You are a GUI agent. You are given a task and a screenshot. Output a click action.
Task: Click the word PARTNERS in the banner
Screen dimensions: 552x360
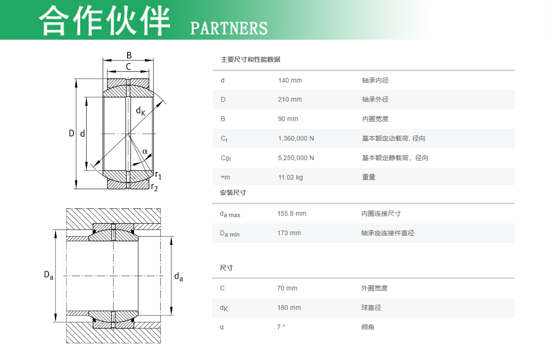[x=229, y=28]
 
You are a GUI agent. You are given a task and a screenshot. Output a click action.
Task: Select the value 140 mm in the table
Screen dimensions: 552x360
[x=290, y=81]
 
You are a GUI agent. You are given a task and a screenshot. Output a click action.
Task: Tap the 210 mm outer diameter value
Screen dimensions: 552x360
[x=290, y=99]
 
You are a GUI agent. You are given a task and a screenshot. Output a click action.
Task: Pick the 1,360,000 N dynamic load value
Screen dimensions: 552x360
[x=296, y=139]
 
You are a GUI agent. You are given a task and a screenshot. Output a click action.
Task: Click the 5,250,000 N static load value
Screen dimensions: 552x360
[x=296, y=158]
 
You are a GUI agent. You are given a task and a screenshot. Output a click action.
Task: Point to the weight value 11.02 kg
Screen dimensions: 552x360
[x=290, y=177]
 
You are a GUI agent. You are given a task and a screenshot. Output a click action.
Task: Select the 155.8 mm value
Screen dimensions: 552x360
[x=292, y=214]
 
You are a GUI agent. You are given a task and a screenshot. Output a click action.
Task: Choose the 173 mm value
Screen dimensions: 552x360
[x=289, y=233]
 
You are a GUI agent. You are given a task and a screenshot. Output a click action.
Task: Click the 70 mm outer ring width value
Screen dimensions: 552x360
[x=287, y=288]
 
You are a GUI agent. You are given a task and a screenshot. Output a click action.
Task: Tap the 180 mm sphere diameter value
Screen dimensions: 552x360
[x=289, y=307]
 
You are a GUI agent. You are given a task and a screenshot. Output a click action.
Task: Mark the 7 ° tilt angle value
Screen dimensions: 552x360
[x=281, y=327]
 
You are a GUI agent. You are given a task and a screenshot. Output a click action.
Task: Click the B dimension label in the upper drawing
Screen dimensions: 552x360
[x=129, y=55]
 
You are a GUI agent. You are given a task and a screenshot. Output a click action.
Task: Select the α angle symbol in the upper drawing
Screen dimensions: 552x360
[x=145, y=151]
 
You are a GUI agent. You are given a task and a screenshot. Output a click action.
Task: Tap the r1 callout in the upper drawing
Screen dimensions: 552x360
[x=158, y=175]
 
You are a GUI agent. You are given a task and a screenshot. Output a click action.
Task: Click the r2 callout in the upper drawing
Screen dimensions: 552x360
[x=154, y=187]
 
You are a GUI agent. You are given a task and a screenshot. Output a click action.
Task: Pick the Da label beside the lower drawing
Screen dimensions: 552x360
[x=49, y=275]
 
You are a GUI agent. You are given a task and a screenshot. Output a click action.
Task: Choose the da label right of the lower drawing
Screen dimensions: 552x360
[x=179, y=277]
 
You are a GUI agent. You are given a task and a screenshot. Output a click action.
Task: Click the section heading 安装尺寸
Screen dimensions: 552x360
[x=233, y=192]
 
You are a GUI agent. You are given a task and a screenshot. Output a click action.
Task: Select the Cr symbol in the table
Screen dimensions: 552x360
[x=224, y=139]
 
